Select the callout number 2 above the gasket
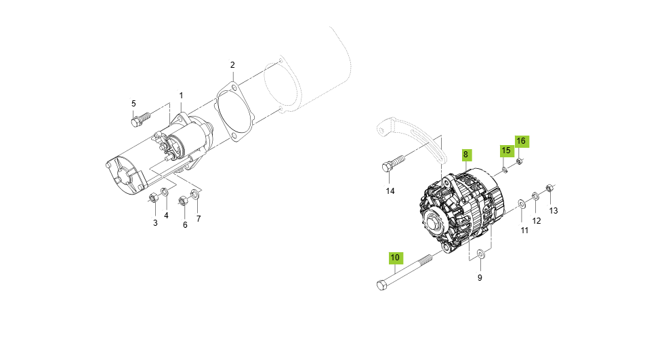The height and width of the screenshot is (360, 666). (232, 65)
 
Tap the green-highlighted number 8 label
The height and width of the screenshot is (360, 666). (465, 155)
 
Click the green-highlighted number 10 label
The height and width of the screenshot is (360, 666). (395, 258)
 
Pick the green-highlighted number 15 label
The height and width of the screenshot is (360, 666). (506, 150)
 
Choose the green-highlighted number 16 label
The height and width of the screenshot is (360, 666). (521, 141)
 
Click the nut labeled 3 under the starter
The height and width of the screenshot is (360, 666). (153, 198)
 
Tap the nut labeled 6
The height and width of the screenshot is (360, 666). (183, 200)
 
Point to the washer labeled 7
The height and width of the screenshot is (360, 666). (195, 196)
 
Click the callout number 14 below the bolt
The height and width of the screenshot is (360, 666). (390, 191)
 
